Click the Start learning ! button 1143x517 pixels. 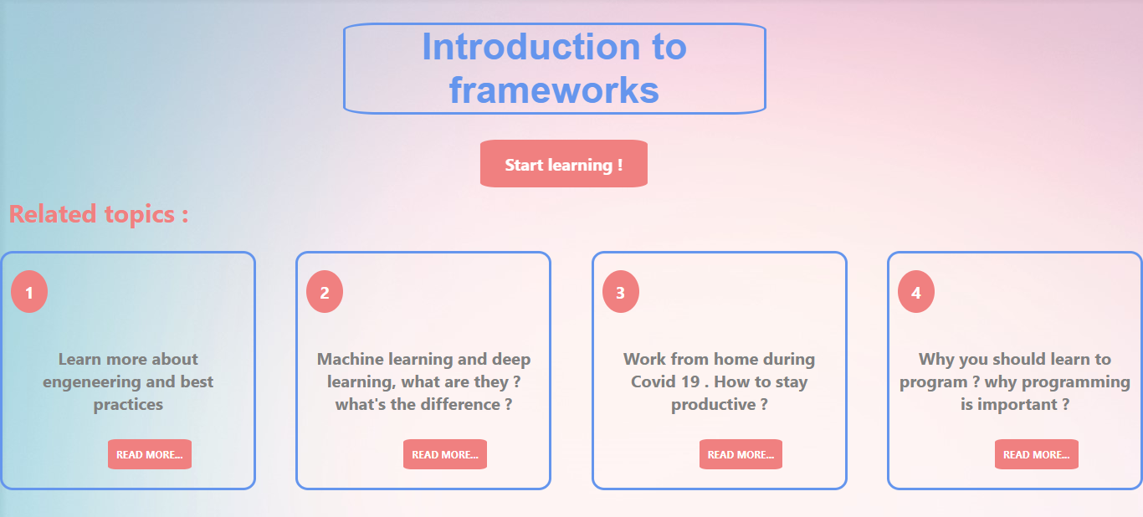[x=564, y=164]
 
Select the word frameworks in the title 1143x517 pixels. [x=554, y=90]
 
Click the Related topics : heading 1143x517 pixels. [x=99, y=214]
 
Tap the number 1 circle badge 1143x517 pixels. [x=29, y=291]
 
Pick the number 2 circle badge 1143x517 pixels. [x=325, y=291]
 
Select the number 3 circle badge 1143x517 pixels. [x=621, y=291]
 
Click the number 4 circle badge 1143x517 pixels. [x=916, y=291]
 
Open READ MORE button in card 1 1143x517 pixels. [x=150, y=454]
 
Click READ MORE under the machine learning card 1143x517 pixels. [x=445, y=454]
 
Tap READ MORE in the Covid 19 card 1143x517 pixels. [x=741, y=454]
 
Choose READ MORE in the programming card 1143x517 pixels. [x=1037, y=454]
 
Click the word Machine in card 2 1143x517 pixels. [x=350, y=359]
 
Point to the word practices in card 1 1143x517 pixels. [x=128, y=405]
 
